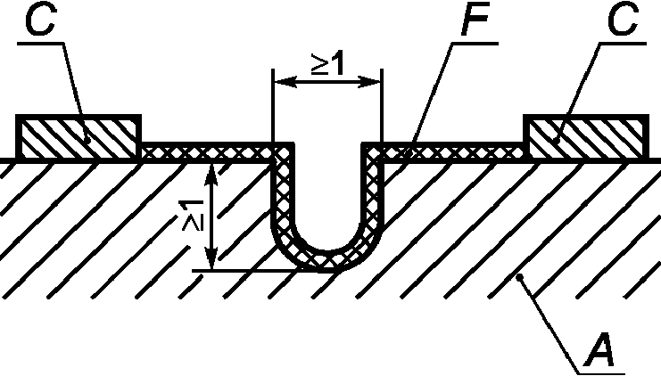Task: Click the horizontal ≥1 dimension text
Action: point(327,64)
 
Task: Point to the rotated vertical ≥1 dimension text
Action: point(190,217)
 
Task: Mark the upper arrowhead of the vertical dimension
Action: point(211,170)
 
